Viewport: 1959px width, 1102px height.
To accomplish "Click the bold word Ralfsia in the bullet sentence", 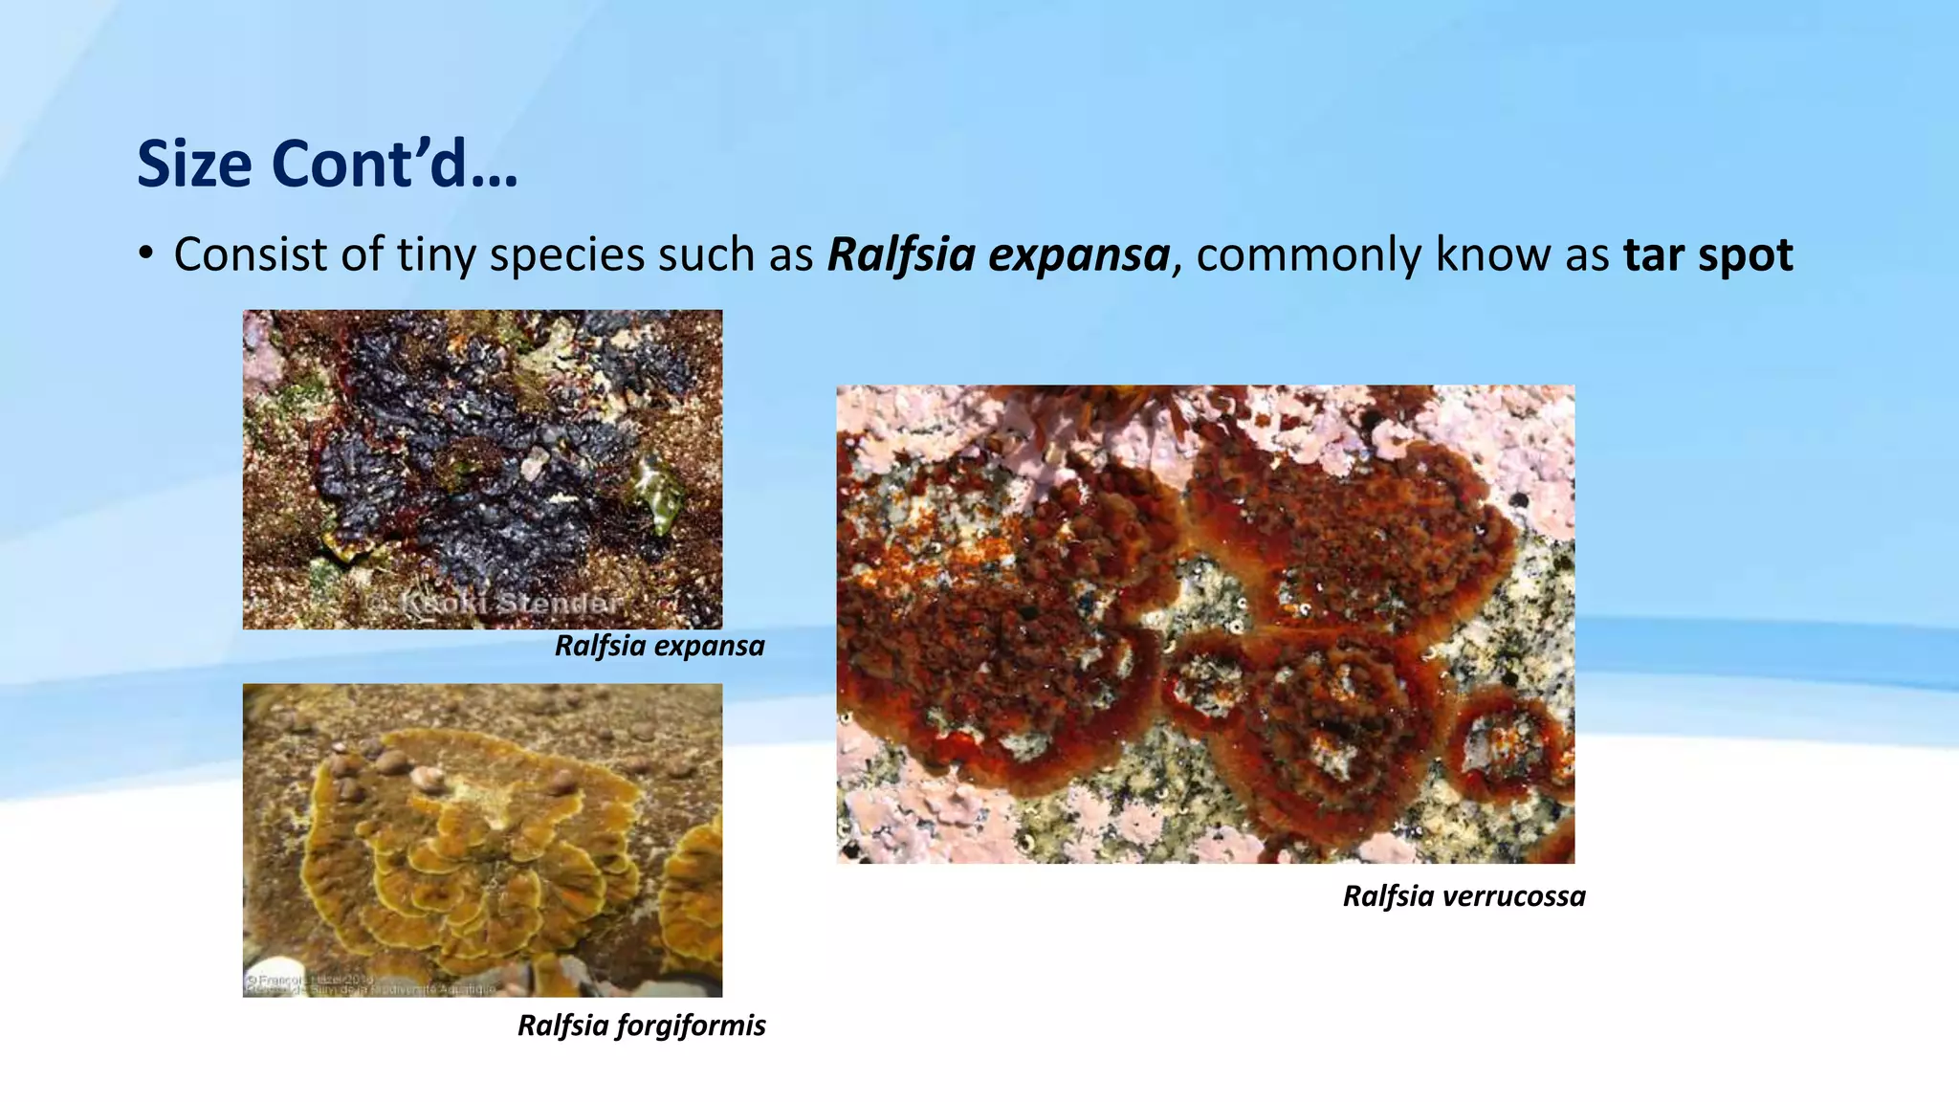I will [898, 255].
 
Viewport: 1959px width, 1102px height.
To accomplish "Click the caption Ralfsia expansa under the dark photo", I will [659, 646].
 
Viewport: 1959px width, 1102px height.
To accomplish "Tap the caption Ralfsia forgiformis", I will [641, 1025].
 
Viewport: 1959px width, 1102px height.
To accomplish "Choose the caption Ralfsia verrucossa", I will [1464, 896].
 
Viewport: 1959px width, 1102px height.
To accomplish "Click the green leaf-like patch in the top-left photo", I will [659, 492].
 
